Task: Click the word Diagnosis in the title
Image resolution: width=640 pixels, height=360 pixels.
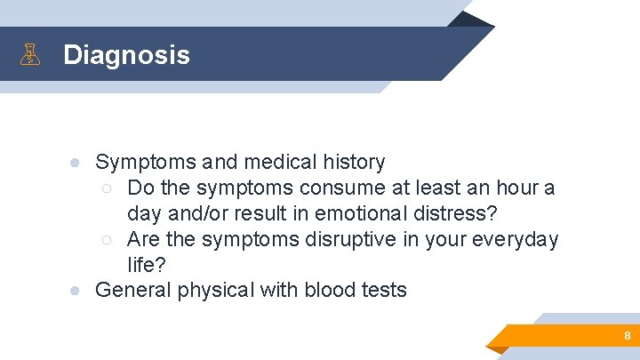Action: pyautogui.click(x=126, y=55)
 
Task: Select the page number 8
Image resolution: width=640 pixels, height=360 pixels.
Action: pyautogui.click(x=627, y=336)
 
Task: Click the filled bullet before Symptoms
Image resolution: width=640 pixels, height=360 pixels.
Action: pyautogui.click(x=77, y=163)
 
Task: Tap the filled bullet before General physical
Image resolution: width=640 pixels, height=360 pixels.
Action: pyautogui.click(x=77, y=291)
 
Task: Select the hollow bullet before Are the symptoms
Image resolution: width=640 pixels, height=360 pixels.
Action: pyautogui.click(x=107, y=240)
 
